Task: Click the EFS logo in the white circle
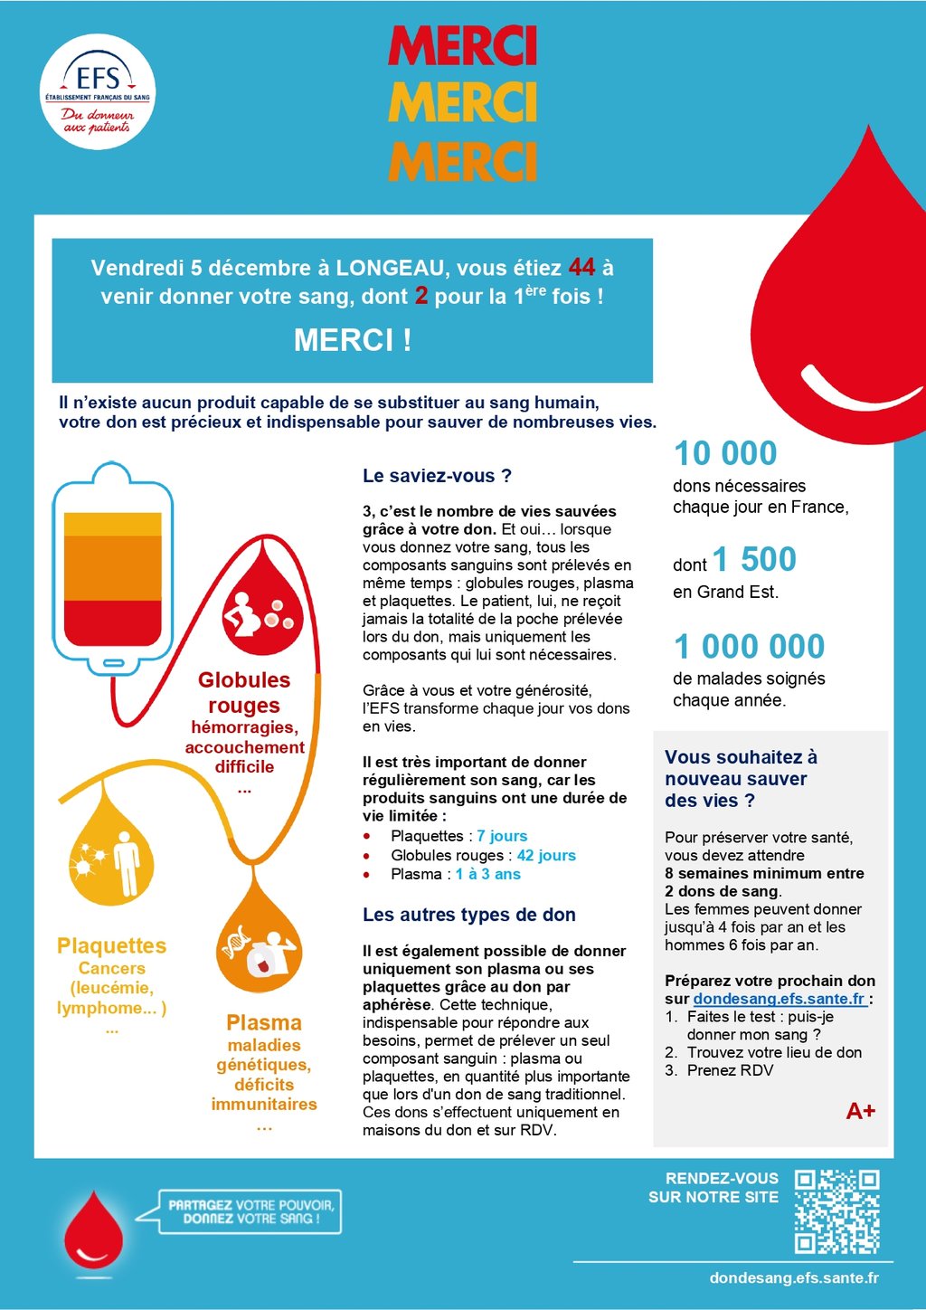[98, 91]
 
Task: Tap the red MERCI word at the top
[462, 46]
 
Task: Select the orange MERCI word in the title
[462, 161]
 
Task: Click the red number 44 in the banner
[581, 268]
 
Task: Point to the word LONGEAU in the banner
[390, 269]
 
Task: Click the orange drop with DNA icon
[260, 945]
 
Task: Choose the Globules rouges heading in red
[244, 692]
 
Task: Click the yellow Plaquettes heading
[111, 946]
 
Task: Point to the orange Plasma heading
[264, 1023]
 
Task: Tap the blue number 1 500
[754, 560]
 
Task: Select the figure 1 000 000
[750, 647]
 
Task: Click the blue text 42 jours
[546, 856]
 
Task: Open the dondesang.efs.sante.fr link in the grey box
[779, 999]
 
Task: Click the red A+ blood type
[860, 1111]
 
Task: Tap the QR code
[836, 1211]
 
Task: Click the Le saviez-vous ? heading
[437, 476]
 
